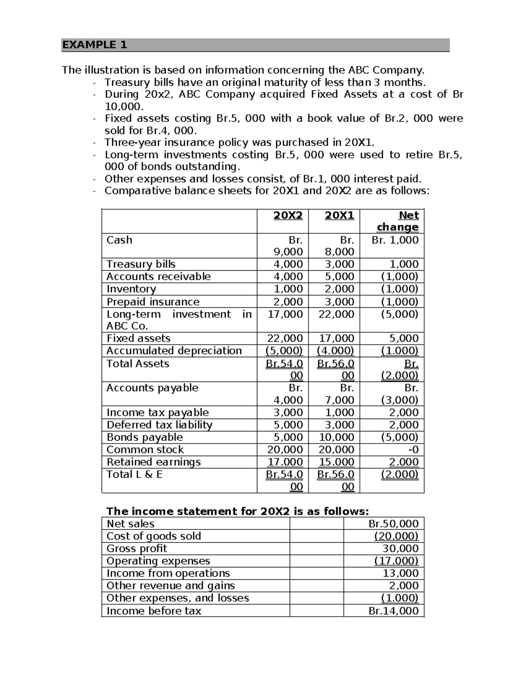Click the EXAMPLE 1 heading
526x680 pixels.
(x=94, y=45)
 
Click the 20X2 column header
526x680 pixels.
(x=288, y=215)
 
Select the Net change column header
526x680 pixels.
(x=398, y=221)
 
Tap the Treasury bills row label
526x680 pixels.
(x=141, y=264)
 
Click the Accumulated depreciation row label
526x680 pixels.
(x=174, y=351)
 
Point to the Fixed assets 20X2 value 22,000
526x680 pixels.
(x=285, y=338)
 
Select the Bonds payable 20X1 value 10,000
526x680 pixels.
(x=336, y=437)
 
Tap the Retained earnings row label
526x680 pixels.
(x=153, y=462)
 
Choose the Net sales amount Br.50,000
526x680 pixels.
(x=393, y=524)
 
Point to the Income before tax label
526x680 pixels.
(x=153, y=611)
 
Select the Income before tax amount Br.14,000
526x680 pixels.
(x=393, y=611)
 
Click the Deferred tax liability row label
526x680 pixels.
(x=159, y=425)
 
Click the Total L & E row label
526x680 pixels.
(x=134, y=475)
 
